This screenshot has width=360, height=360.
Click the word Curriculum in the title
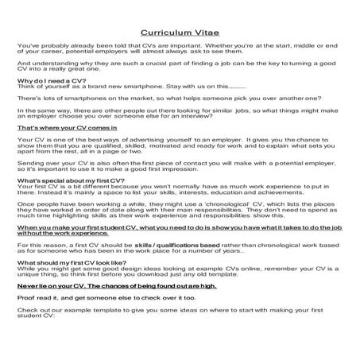(163, 34)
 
